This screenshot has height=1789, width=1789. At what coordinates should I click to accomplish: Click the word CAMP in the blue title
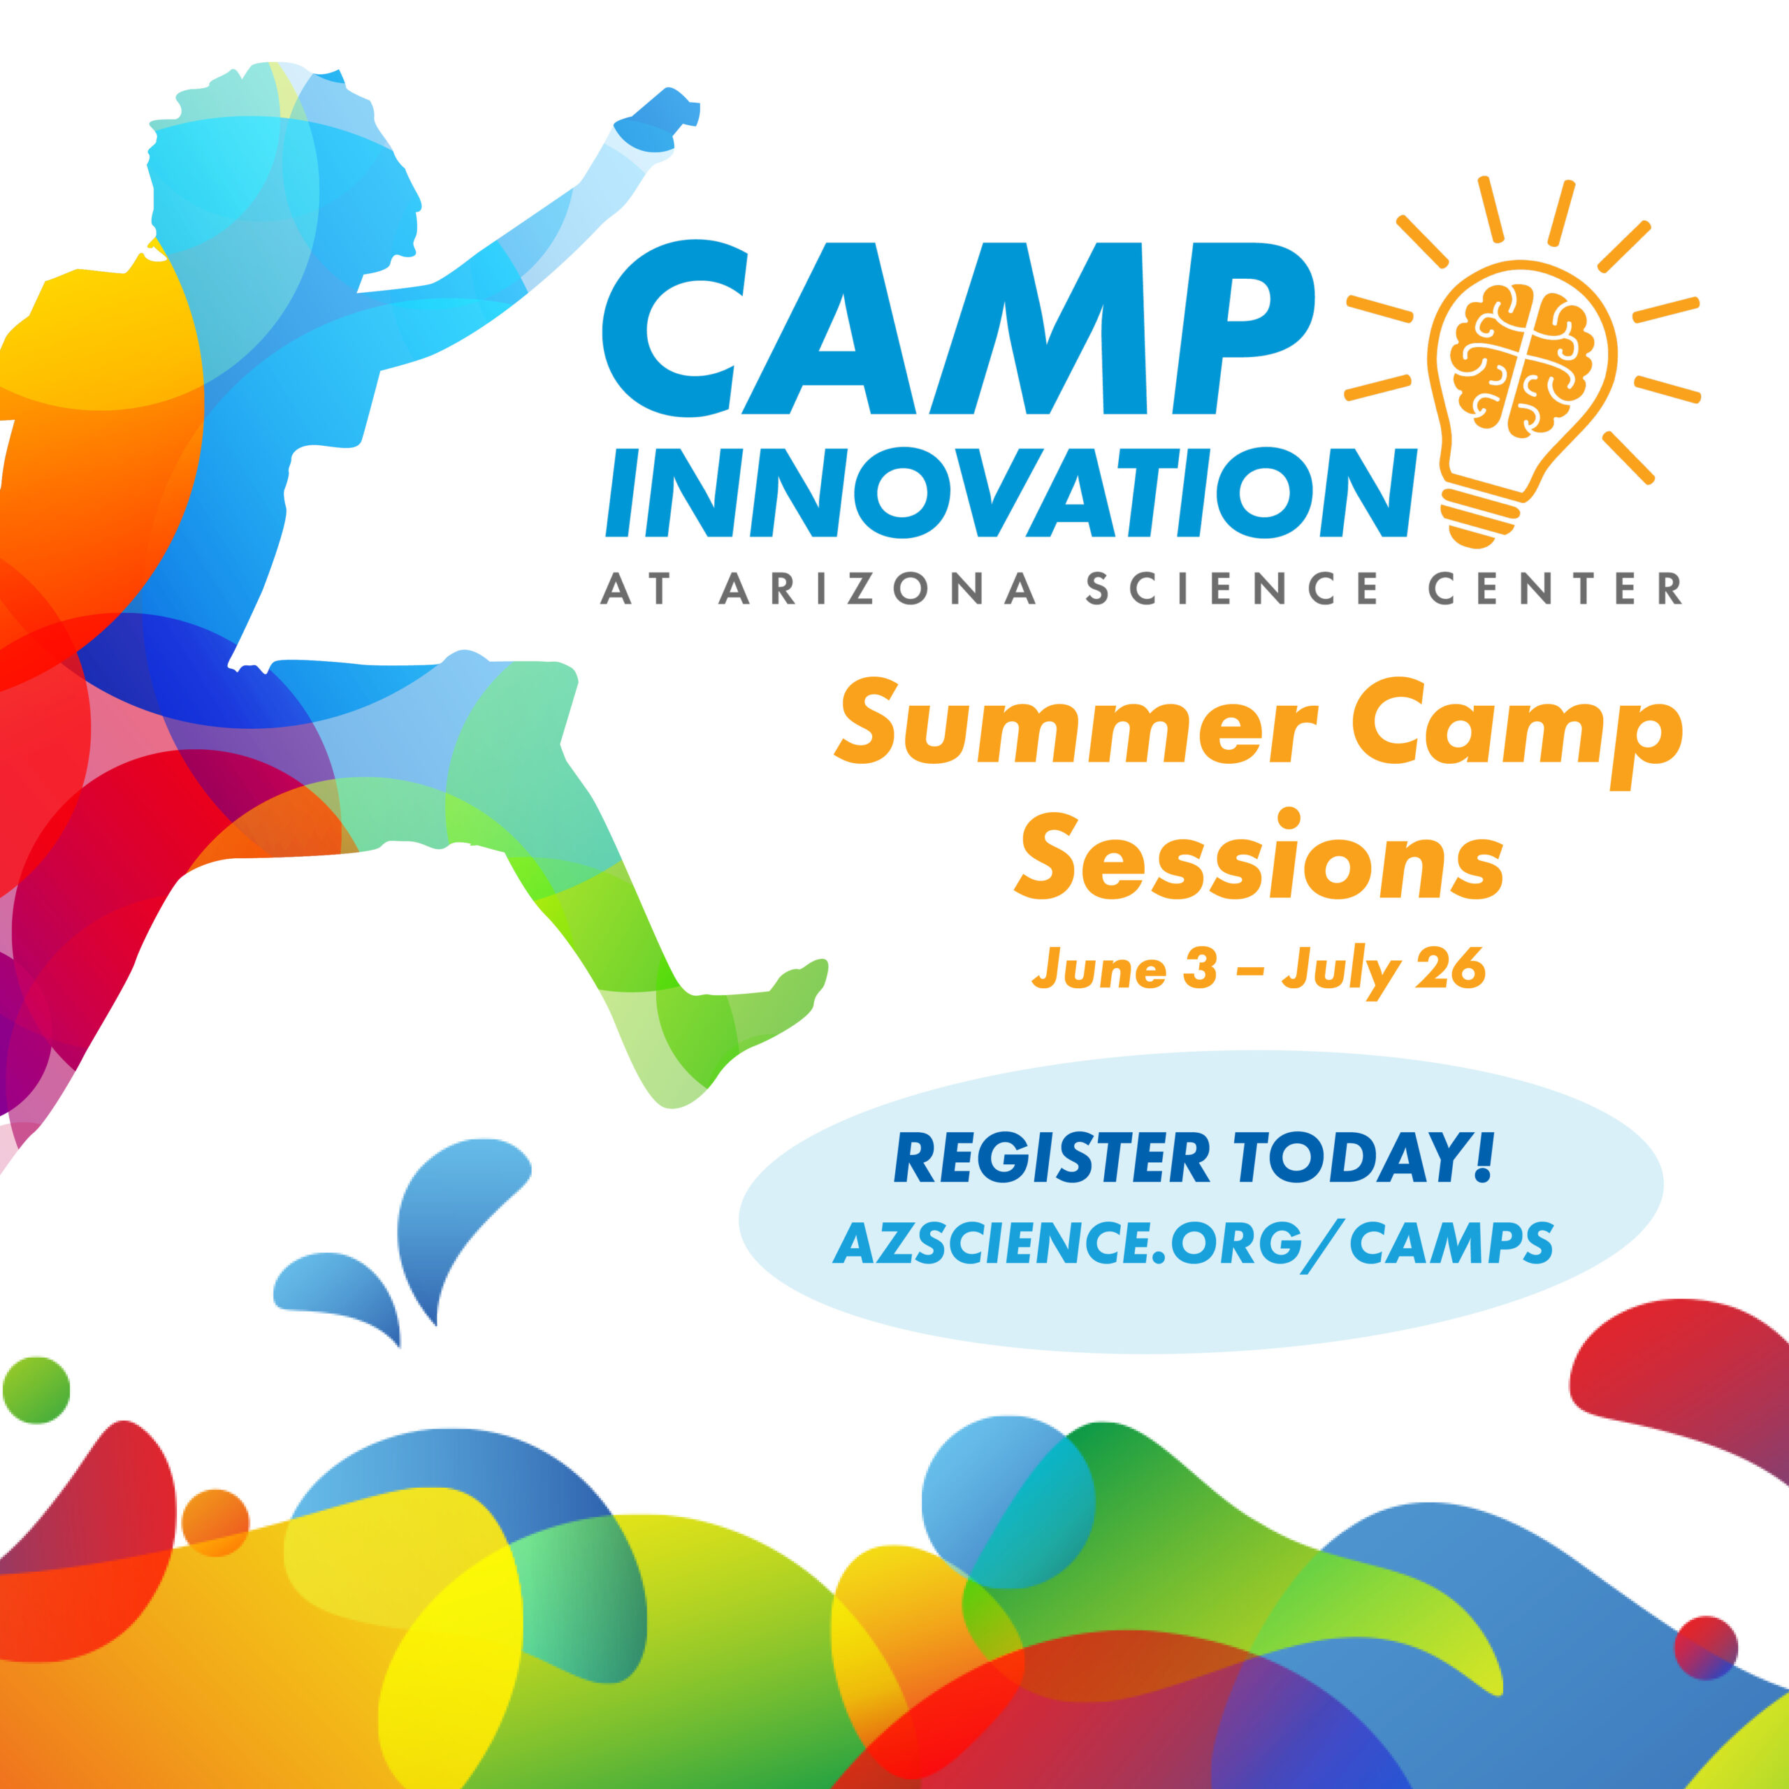coord(958,328)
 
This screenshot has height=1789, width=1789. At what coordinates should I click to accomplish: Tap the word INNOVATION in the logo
coord(1011,493)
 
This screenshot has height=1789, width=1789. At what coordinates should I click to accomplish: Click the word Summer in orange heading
coord(1076,723)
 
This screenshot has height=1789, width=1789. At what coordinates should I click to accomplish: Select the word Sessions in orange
coord(1259,857)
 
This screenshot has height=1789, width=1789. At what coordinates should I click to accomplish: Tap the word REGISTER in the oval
coord(1052,1159)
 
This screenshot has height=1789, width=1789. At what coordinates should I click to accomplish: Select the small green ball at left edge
coord(36,1390)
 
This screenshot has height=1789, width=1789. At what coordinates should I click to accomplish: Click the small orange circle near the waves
coord(216,1522)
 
